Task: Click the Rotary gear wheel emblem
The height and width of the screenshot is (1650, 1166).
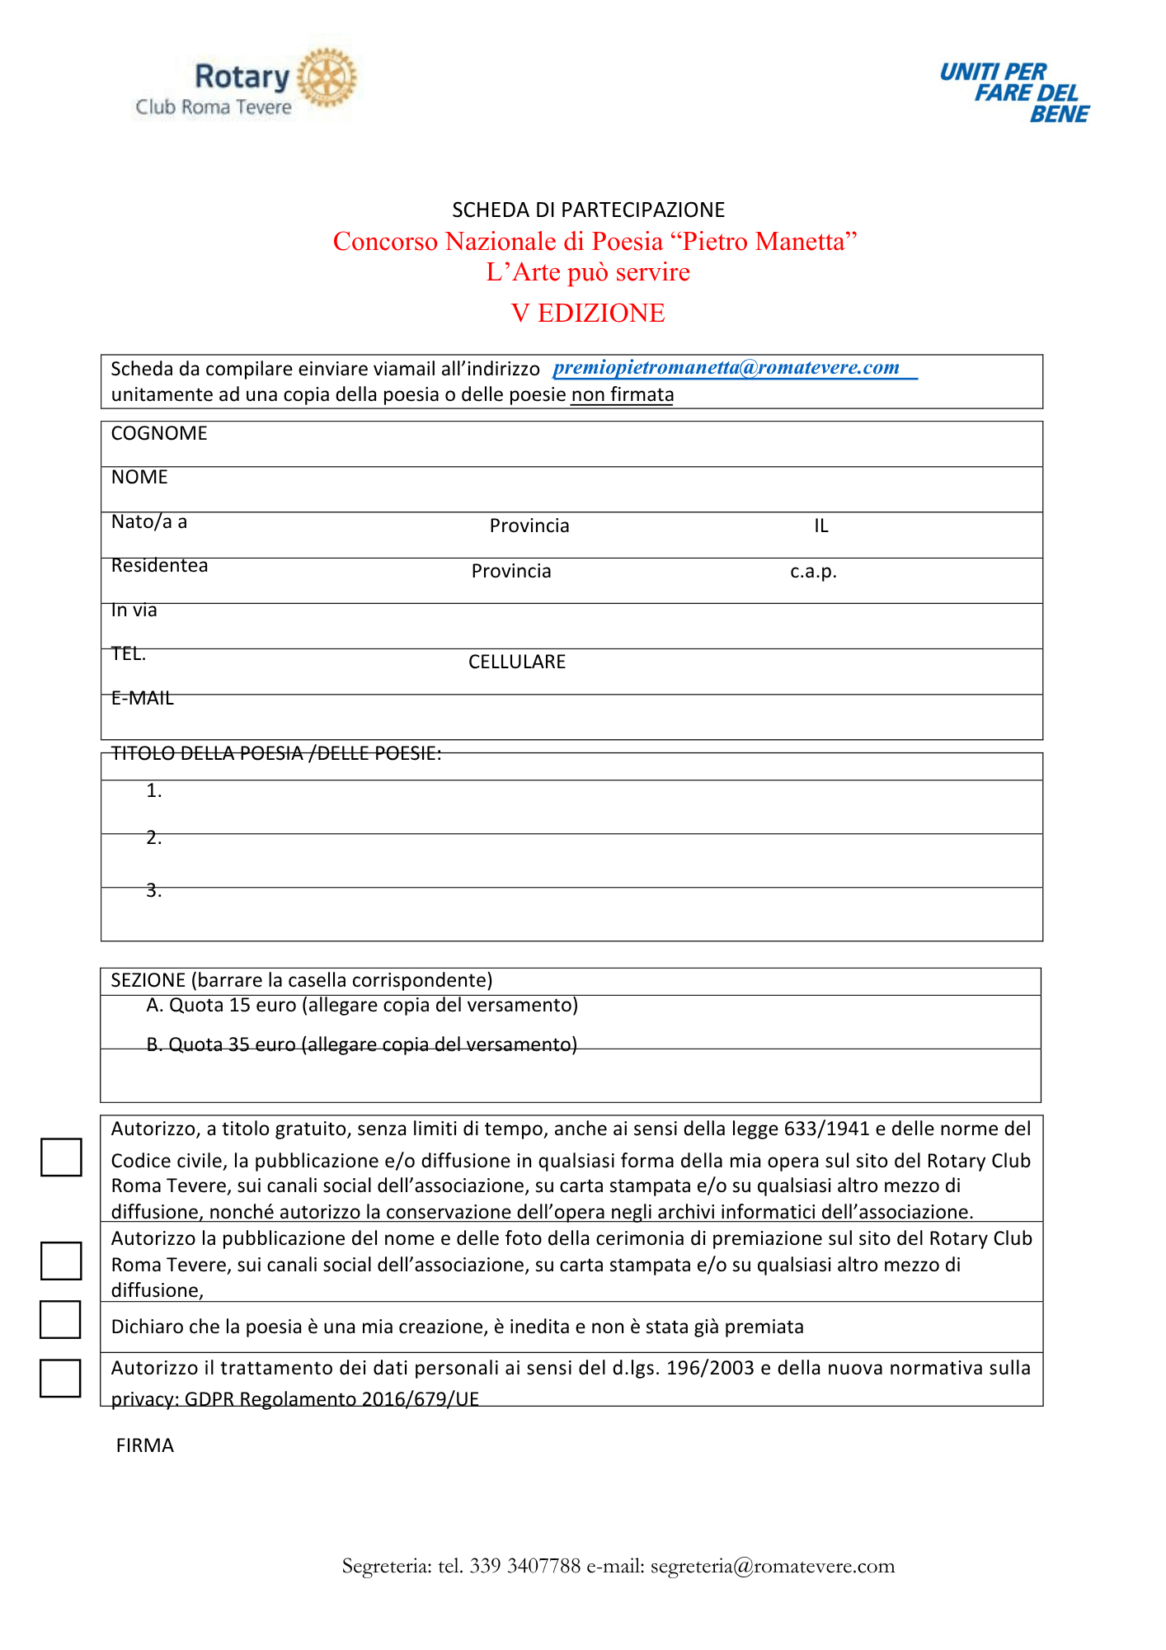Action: (x=327, y=78)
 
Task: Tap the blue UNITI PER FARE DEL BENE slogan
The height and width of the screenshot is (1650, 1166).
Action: (x=1015, y=92)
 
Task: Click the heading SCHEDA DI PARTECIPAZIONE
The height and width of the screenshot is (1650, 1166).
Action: (x=588, y=210)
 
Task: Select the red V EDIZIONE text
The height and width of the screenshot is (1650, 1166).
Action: (x=588, y=313)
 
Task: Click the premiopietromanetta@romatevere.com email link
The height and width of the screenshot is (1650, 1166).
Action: (x=726, y=368)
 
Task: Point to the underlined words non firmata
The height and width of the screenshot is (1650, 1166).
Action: (x=623, y=394)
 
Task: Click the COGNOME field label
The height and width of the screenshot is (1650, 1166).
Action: (x=159, y=434)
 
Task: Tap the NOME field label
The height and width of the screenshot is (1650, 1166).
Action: (x=139, y=478)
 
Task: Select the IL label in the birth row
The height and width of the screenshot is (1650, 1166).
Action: (x=821, y=526)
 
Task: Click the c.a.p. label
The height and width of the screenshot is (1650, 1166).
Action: (x=813, y=572)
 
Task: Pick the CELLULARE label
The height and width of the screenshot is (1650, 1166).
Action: (x=517, y=662)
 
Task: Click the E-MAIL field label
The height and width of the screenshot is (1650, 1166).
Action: (x=143, y=699)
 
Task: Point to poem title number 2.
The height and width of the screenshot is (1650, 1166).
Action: (x=154, y=838)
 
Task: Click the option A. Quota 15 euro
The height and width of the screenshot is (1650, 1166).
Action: (x=362, y=1006)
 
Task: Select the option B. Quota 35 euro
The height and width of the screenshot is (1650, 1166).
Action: (x=362, y=1045)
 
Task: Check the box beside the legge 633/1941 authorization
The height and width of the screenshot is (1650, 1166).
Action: (x=61, y=1157)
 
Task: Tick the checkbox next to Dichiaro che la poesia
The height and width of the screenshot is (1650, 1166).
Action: (x=60, y=1319)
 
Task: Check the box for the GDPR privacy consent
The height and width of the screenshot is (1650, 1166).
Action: (x=60, y=1379)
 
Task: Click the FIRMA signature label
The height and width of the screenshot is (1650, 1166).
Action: (x=145, y=1446)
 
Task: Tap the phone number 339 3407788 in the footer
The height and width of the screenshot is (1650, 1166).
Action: (x=525, y=1567)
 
